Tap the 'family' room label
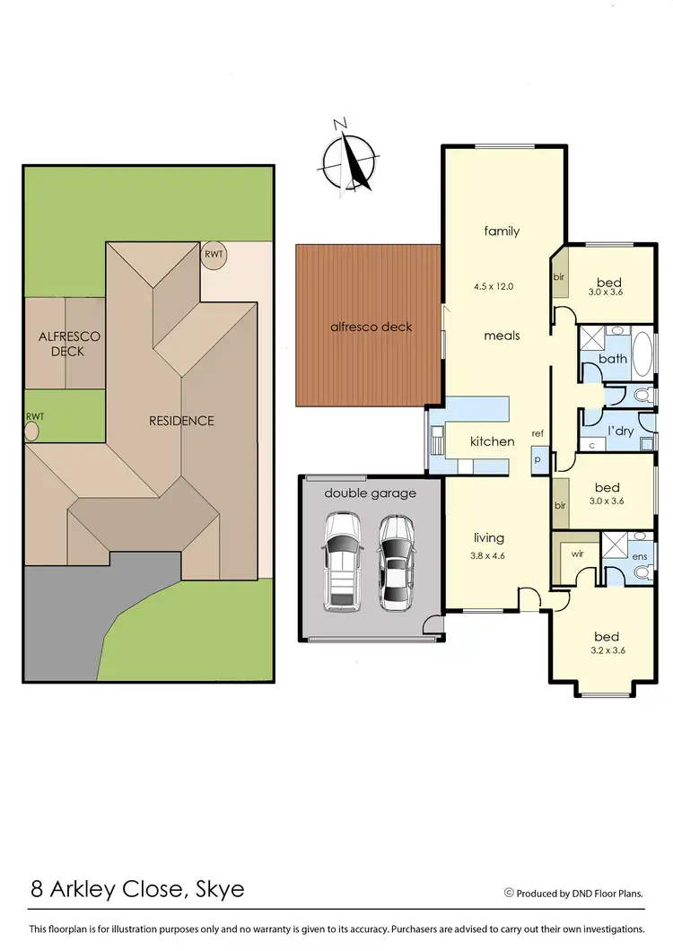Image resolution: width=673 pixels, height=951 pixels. pyautogui.click(x=502, y=231)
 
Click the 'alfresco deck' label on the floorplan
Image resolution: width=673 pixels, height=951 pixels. pyautogui.click(x=372, y=327)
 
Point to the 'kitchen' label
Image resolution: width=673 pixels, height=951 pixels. pyautogui.click(x=493, y=441)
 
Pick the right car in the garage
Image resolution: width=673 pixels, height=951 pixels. pyautogui.click(x=396, y=561)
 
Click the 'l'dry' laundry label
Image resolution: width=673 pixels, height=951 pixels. pyautogui.click(x=622, y=430)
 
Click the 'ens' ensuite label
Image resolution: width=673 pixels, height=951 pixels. pyautogui.click(x=639, y=557)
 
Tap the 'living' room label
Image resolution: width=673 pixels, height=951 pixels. pyautogui.click(x=489, y=538)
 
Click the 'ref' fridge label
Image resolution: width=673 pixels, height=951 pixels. pyautogui.click(x=538, y=433)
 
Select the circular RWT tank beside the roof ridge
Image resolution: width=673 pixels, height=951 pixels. pyautogui.click(x=214, y=254)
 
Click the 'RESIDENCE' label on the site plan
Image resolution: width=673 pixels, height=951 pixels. pyautogui.click(x=182, y=420)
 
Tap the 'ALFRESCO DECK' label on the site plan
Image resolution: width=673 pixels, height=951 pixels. pyautogui.click(x=69, y=344)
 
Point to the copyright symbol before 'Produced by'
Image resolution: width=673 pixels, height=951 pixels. pyautogui.click(x=509, y=893)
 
